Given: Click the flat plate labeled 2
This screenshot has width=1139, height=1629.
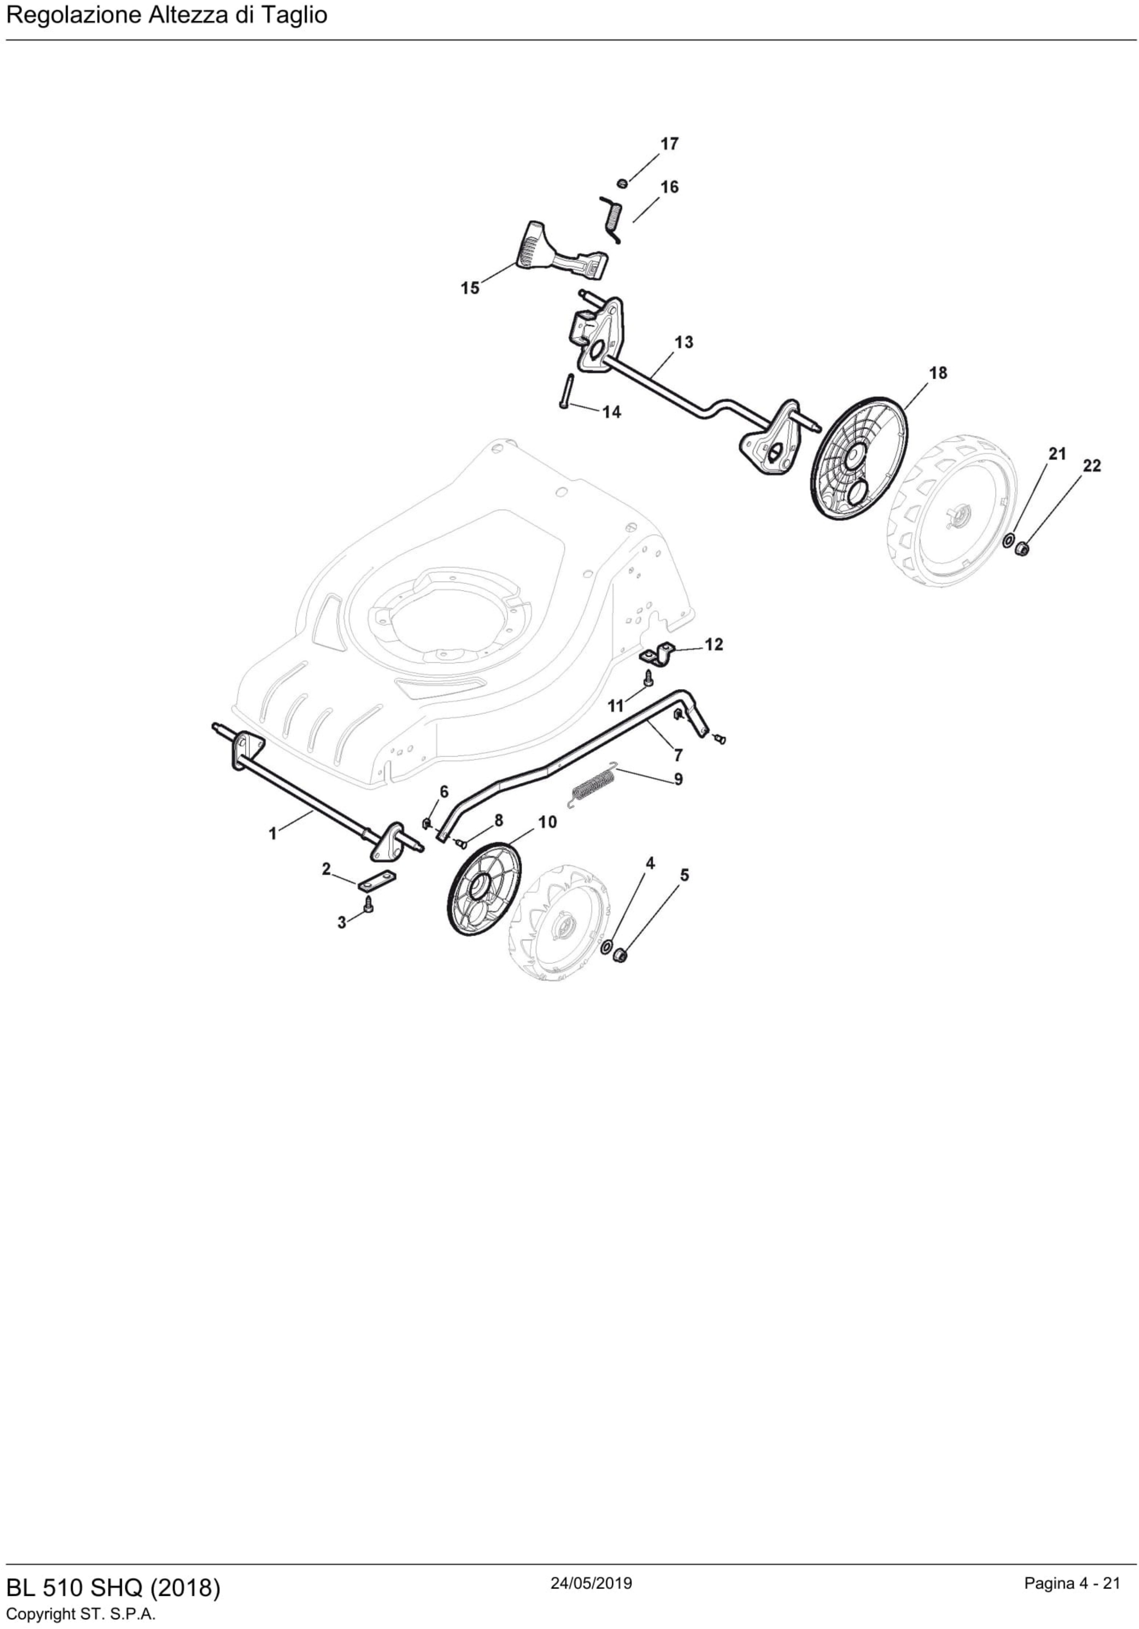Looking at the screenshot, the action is point(377,880).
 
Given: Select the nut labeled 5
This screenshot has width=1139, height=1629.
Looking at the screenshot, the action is point(619,956).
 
